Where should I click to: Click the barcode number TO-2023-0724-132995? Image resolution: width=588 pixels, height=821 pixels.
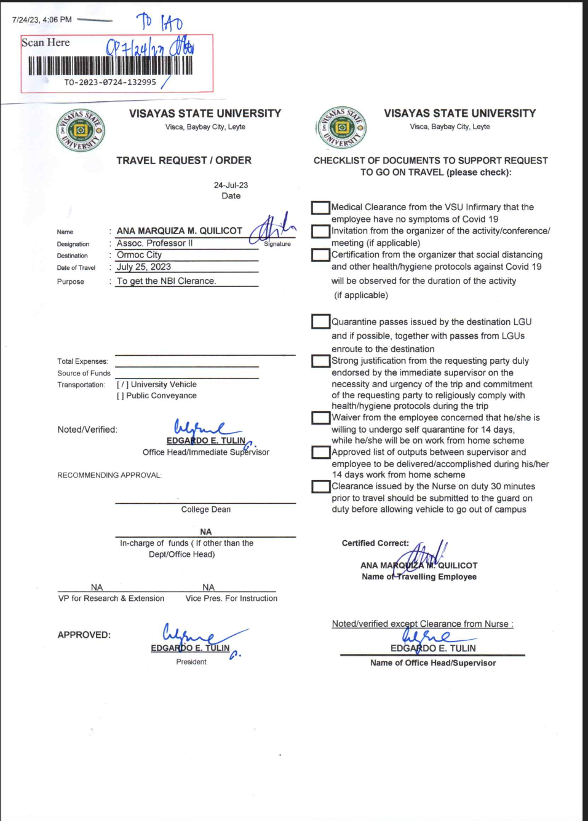[x=110, y=82]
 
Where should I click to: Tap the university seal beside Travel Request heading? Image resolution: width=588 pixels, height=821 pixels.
[x=81, y=130]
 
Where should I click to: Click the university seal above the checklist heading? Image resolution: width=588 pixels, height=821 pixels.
[x=342, y=127]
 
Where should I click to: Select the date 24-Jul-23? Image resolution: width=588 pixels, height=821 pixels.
[x=231, y=185]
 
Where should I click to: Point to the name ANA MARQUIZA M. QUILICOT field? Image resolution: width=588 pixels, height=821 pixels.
[x=179, y=231]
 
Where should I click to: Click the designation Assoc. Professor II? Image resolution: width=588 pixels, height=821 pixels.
[x=154, y=243]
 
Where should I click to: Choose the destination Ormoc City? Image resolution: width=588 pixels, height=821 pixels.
[x=139, y=255]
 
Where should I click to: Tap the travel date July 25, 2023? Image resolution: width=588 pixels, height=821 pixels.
[x=144, y=267]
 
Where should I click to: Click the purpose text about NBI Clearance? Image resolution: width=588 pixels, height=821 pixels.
[x=166, y=281]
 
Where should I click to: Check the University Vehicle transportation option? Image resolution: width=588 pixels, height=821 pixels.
[x=122, y=385]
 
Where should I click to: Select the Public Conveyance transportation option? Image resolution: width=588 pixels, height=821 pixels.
[x=121, y=396]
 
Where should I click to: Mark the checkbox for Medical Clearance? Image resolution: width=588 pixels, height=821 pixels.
[x=320, y=208]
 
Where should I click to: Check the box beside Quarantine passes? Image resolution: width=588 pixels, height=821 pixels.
[x=320, y=321]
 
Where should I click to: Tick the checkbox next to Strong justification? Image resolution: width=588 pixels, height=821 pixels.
[x=320, y=361]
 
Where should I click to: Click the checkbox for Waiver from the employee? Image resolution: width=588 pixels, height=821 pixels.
[x=320, y=418]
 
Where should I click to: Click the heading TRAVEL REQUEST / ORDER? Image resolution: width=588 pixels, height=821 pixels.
[x=184, y=160]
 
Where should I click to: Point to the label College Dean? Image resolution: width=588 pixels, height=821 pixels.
[x=205, y=509]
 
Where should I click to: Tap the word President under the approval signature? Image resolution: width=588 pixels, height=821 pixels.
[x=191, y=662]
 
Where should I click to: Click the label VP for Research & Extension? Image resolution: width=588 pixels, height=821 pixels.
[x=111, y=599]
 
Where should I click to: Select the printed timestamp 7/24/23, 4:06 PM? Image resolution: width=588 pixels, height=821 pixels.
[x=42, y=20]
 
